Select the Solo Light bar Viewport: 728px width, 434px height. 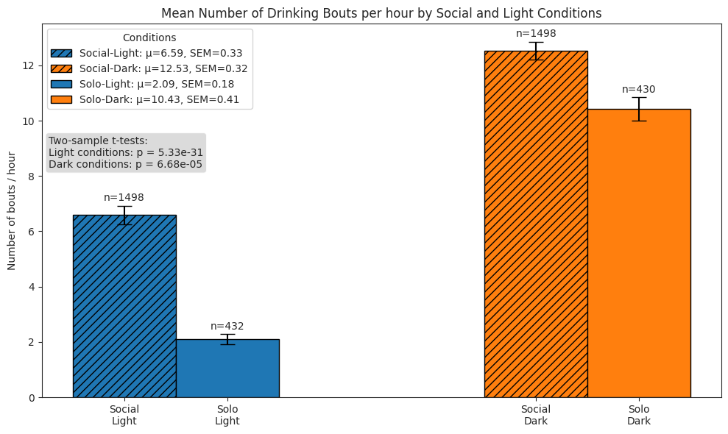pyautogui.click(x=227, y=368)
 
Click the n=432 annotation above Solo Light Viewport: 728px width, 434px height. pyautogui.click(x=227, y=326)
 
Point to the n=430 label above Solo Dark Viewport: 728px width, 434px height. pyautogui.click(x=639, y=90)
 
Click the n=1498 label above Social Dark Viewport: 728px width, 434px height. pyautogui.click(x=536, y=33)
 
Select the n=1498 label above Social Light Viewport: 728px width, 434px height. pyautogui.click(x=124, y=197)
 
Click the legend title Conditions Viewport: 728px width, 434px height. pyautogui.click(x=149, y=38)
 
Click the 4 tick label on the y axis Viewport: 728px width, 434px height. pyautogui.click(x=31, y=287)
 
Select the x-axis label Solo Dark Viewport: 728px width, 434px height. pyautogui.click(x=639, y=415)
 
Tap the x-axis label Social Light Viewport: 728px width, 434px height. pyautogui.click(x=124, y=415)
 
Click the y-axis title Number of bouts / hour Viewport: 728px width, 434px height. pyautogui.click(x=13, y=210)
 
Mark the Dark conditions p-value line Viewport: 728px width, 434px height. pyautogui.click(x=125, y=164)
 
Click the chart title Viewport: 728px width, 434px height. pyautogui.click(x=381, y=13)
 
